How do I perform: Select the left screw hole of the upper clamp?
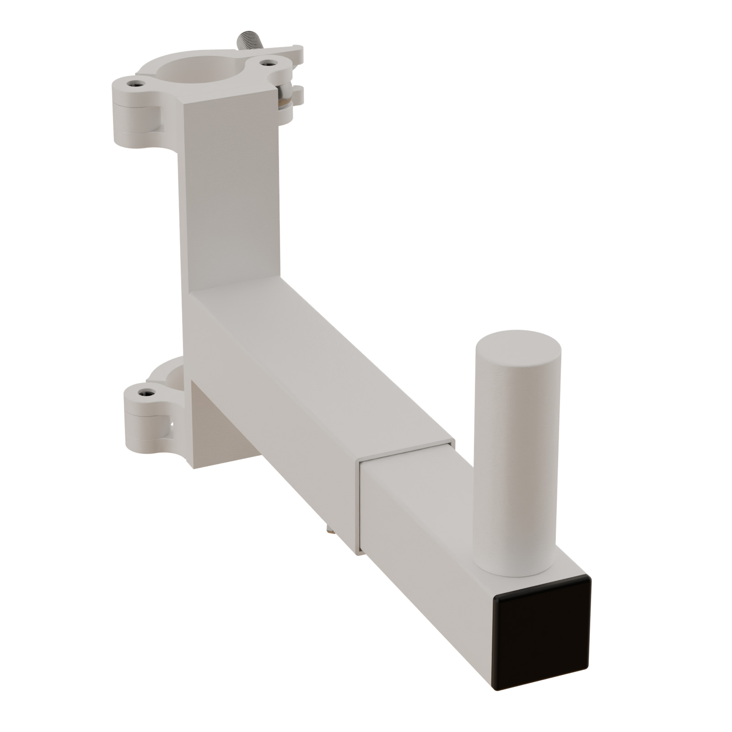[x=134, y=83]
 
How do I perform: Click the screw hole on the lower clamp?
[x=145, y=392]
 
